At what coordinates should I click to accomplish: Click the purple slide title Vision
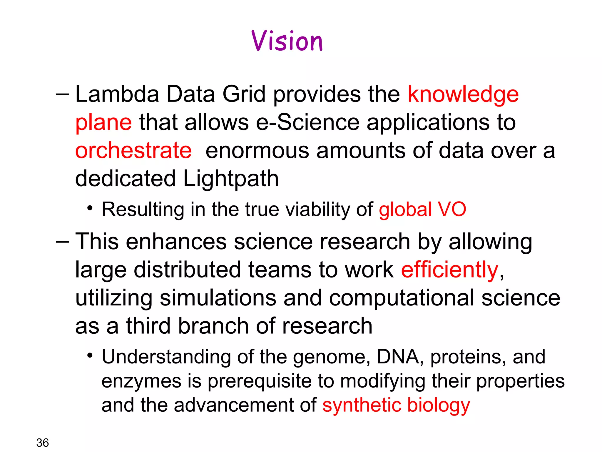(x=287, y=41)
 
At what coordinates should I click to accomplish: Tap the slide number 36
(x=43, y=443)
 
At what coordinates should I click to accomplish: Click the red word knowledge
(x=463, y=95)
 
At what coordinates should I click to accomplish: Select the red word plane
(x=103, y=123)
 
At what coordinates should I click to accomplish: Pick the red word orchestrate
(x=133, y=150)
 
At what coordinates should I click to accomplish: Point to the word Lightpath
(x=231, y=179)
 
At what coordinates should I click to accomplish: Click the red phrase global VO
(x=422, y=209)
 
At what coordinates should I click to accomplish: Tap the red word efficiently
(x=449, y=270)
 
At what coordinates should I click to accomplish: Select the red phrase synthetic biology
(x=396, y=405)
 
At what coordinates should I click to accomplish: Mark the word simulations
(x=218, y=298)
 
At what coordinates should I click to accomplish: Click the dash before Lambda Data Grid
(x=62, y=95)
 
